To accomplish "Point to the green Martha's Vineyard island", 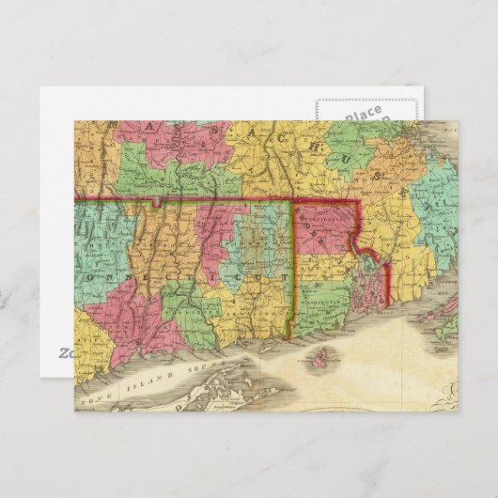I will coord(449,329).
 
